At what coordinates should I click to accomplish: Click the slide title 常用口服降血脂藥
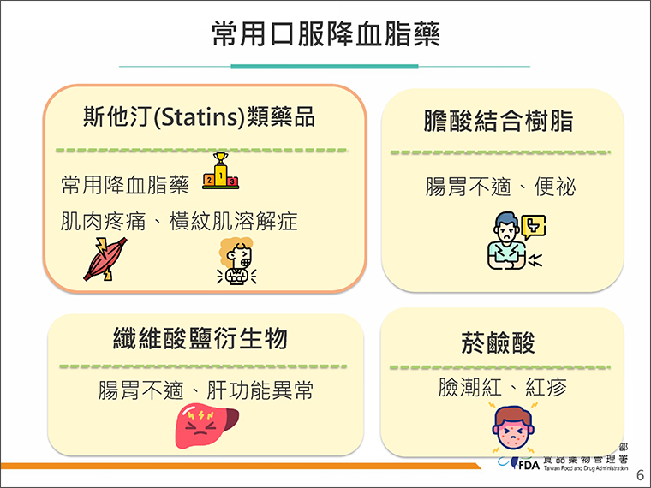(x=325, y=33)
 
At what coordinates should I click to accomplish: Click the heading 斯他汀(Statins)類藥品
(x=200, y=116)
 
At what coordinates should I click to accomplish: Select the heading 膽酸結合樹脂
(x=499, y=121)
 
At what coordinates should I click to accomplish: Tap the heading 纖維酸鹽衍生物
(x=200, y=338)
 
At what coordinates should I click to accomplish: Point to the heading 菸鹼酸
(x=499, y=342)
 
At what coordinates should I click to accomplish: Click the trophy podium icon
(x=220, y=171)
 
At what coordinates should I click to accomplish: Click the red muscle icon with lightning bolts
(x=105, y=259)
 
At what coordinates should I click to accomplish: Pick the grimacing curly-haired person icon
(x=236, y=261)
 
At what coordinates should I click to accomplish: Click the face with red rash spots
(x=513, y=428)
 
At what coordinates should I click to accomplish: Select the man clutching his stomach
(x=507, y=241)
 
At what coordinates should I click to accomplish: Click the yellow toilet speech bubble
(x=534, y=227)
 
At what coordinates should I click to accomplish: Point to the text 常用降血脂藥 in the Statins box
(x=125, y=185)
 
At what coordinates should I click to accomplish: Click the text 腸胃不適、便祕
(x=501, y=187)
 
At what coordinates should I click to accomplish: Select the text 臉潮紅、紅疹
(x=503, y=387)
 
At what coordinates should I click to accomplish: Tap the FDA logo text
(x=529, y=465)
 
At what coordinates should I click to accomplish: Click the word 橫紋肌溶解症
(x=234, y=221)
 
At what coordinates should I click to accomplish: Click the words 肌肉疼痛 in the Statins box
(x=104, y=221)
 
